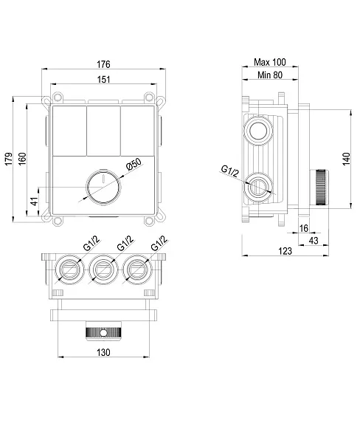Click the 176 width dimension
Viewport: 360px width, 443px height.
(x=103, y=64)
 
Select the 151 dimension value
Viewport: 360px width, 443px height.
(x=103, y=80)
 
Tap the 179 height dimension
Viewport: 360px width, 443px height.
(x=9, y=159)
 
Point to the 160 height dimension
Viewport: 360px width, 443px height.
(x=22, y=159)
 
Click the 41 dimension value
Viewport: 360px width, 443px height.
(x=34, y=202)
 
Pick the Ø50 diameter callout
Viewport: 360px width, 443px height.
(x=134, y=165)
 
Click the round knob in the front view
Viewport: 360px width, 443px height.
(x=103, y=186)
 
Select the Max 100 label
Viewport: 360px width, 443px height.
(x=270, y=62)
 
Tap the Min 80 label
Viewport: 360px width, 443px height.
(x=270, y=75)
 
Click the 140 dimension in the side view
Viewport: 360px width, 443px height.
(x=346, y=159)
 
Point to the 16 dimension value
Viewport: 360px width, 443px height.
(x=304, y=228)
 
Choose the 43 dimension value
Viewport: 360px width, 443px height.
(x=314, y=241)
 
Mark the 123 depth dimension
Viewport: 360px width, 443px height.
(x=285, y=251)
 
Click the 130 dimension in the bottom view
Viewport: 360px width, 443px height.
(x=103, y=353)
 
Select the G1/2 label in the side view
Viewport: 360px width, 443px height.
(x=230, y=171)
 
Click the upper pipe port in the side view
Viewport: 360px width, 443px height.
(x=259, y=131)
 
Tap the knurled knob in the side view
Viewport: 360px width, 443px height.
(x=319, y=188)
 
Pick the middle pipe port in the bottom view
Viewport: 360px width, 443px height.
(x=103, y=269)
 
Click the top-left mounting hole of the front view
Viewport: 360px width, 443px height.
(x=58, y=97)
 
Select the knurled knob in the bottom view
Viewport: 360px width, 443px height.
(x=103, y=332)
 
